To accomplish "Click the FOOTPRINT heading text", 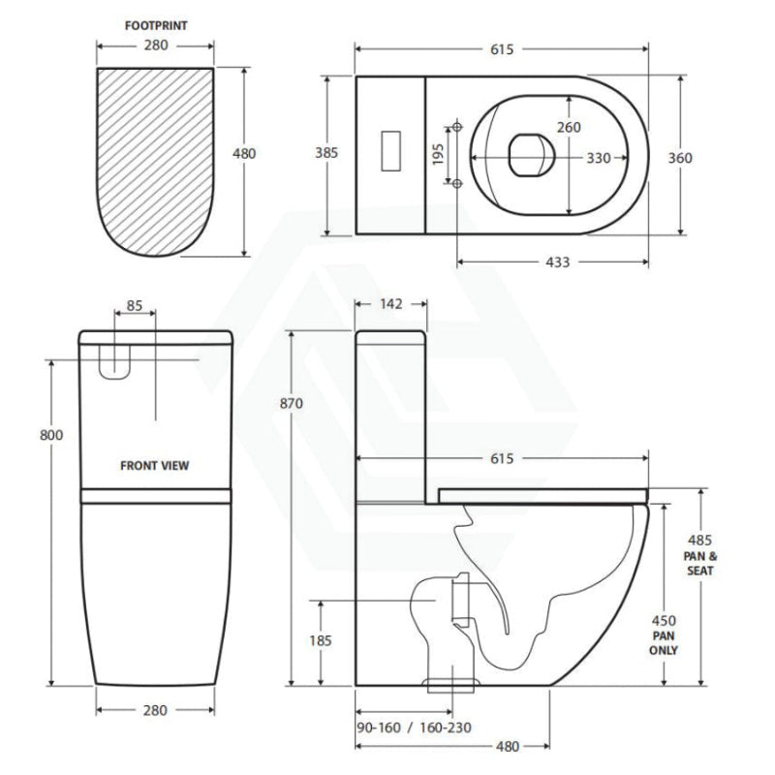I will [155, 27].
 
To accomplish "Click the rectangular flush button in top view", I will [389, 153].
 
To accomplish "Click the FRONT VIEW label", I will [155, 465].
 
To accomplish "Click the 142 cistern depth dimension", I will [392, 303].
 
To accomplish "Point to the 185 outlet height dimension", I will [320, 639].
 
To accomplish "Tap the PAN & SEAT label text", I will [700, 562].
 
